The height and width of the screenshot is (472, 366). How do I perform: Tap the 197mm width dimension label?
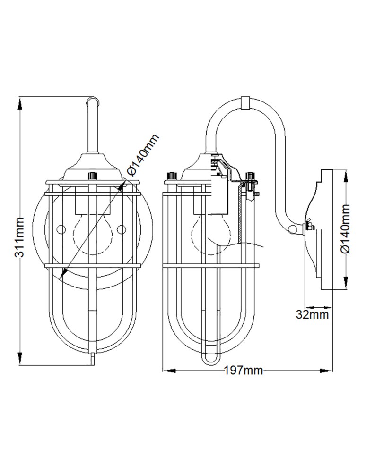tap(243, 371)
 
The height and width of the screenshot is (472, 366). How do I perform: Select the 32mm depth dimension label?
tap(312, 314)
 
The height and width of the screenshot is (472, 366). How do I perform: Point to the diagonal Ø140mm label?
tap(142, 154)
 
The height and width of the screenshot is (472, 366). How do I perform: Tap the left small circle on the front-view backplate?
tap(60, 229)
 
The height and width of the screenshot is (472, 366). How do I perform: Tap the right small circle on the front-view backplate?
tap(122, 229)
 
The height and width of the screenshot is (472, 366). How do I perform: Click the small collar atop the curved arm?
tap(245, 102)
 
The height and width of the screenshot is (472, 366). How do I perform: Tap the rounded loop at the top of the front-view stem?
tap(93, 101)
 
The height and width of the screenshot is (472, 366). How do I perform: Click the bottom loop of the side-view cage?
tap(209, 360)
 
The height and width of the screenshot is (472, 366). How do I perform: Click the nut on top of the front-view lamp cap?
tap(93, 176)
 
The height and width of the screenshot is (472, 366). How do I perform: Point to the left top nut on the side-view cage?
tap(172, 176)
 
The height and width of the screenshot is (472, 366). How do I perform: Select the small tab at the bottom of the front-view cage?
tap(93, 360)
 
